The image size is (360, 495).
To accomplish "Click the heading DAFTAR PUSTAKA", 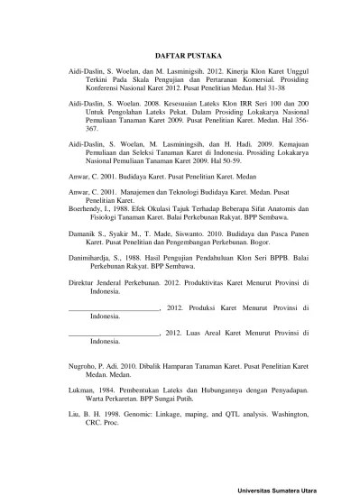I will pyautogui.click(x=180, y=53).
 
